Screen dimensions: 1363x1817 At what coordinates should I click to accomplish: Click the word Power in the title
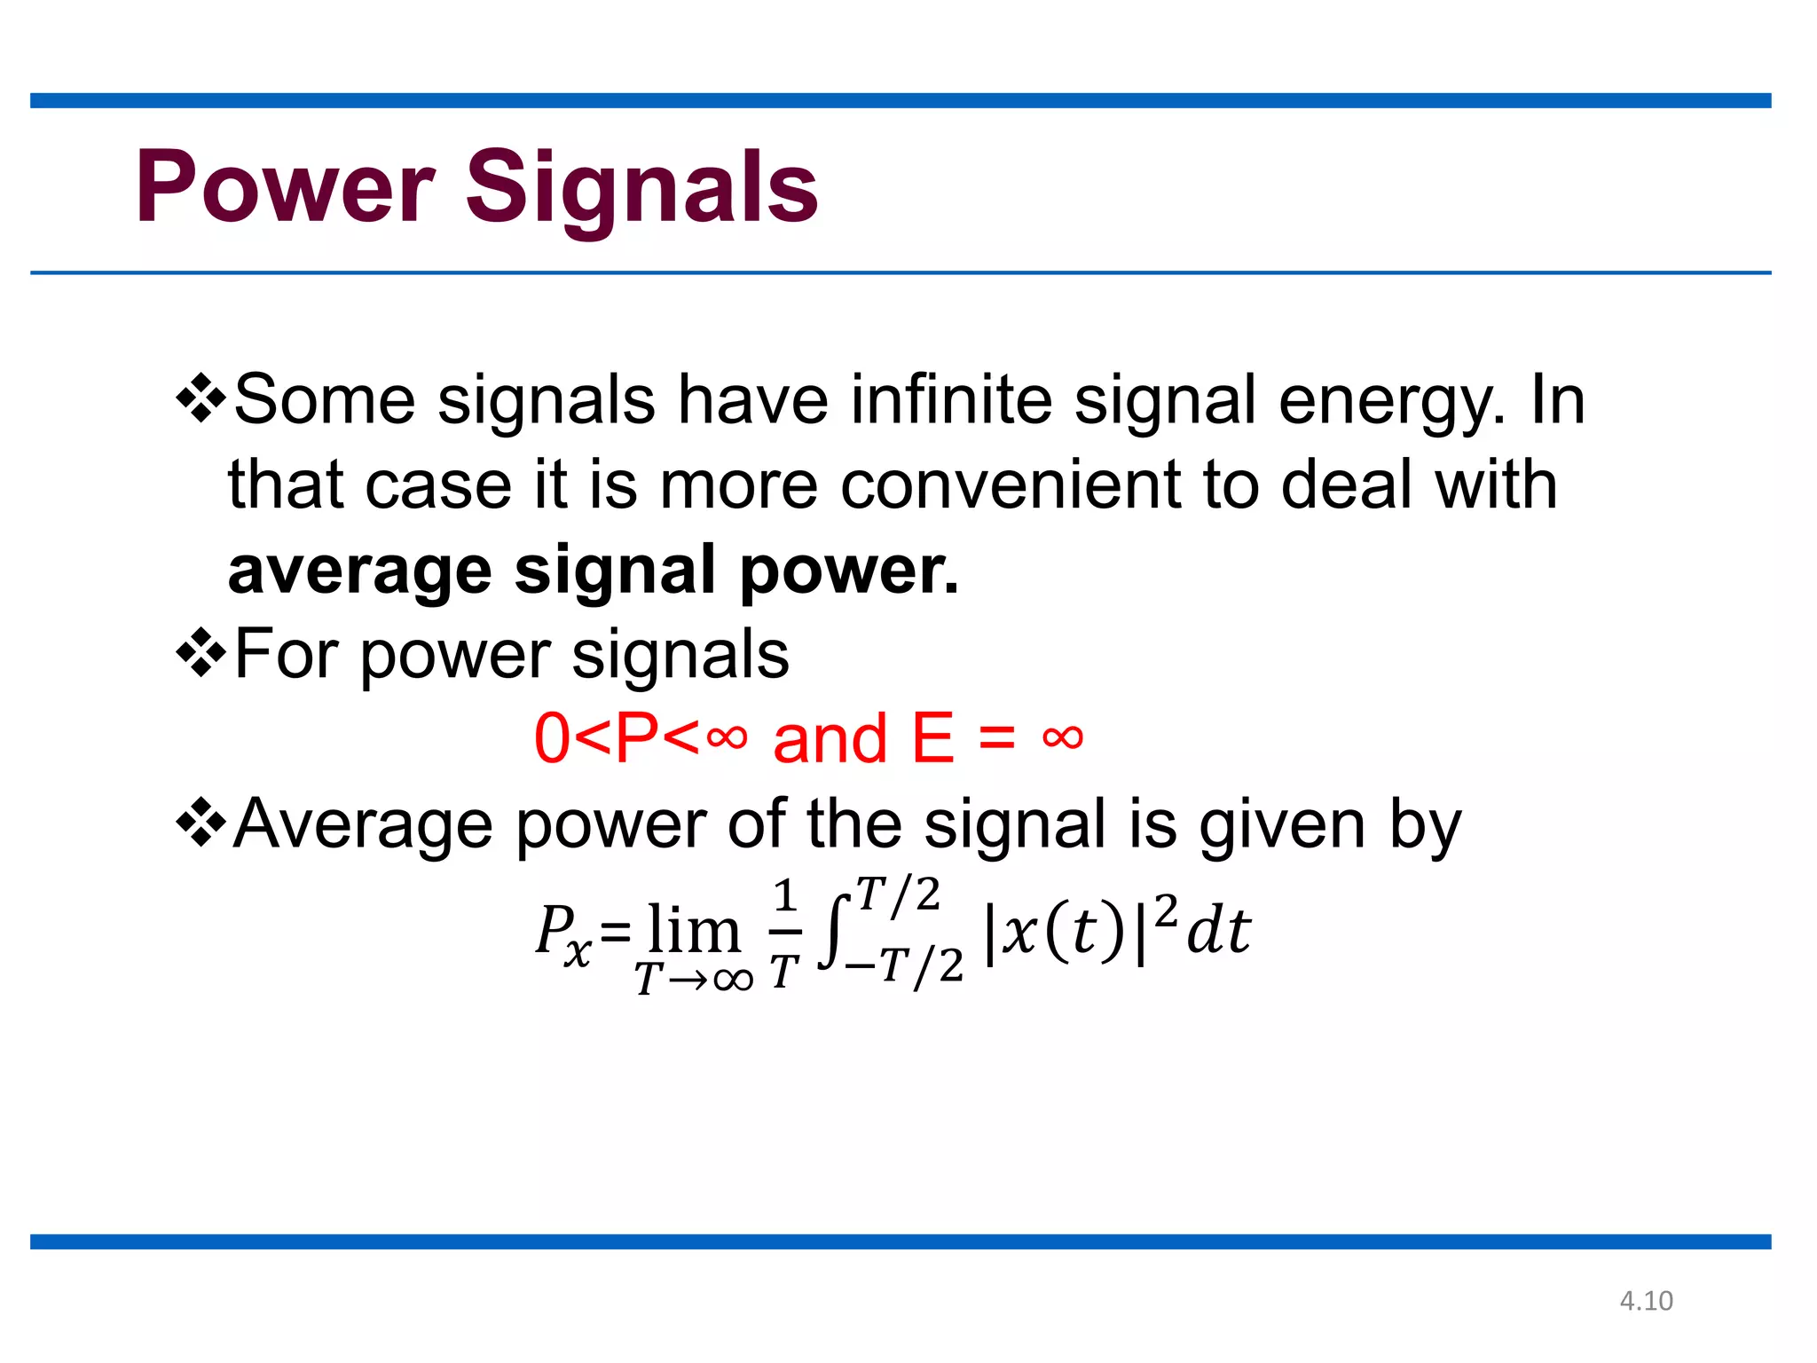[x=285, y=187]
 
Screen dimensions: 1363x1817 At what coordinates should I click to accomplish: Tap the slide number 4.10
[x=1646, y=1301]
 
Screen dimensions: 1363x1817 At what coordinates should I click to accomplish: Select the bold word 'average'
[x=359, y=571]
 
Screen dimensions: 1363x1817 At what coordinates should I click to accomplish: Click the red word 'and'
[x=830, y=738]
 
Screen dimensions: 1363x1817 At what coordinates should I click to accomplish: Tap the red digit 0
[x=551, y=738]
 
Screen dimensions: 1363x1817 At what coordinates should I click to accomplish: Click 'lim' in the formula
[x=694, y=930]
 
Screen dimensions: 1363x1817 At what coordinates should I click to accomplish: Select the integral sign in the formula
[x=833, y=932]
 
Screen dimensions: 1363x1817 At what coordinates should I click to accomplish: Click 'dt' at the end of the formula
[x=1218, y=931]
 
